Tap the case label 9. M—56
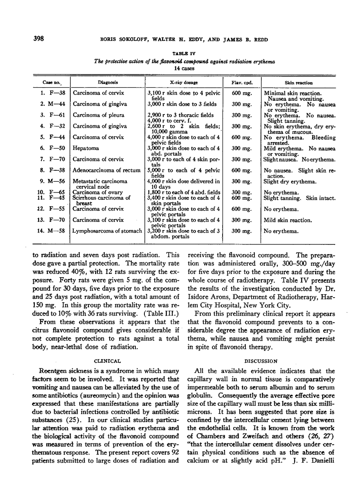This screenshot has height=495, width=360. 52,181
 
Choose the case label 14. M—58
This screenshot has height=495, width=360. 52,231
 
